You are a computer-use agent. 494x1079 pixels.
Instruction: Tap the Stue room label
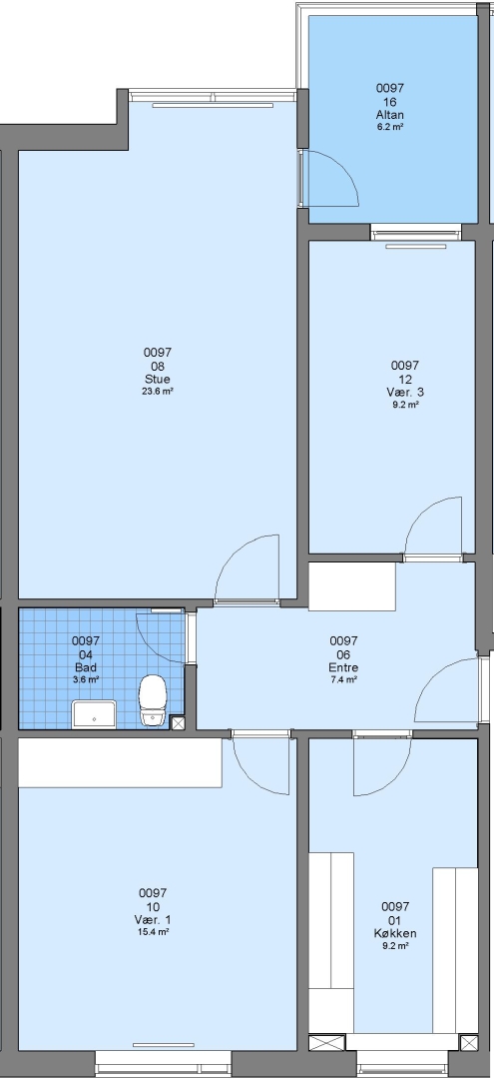(158, 380)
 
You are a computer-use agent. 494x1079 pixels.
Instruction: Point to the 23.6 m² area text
(158, 391)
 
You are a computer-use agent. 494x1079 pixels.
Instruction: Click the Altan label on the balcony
(390, 115)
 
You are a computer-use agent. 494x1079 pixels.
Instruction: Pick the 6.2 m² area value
(390, 127)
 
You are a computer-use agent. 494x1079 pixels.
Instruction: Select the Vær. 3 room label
(405, 393)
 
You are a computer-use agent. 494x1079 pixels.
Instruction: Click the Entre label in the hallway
(343, 667)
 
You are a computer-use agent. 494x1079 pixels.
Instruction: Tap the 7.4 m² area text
(343, 680)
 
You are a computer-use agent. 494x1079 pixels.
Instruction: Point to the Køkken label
(396, 934)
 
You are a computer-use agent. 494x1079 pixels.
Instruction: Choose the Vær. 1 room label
(154, 920)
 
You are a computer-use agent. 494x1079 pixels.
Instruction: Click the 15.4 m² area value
(154, 932)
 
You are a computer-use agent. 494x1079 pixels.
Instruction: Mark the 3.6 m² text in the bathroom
(86, 680)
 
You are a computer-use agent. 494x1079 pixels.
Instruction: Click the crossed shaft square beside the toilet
(178, 722)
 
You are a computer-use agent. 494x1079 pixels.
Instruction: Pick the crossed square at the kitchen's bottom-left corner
(327, 1042)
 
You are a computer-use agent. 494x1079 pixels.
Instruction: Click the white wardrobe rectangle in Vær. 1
(120, 762)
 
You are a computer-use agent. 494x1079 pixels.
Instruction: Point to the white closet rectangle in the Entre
(352, 586)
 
